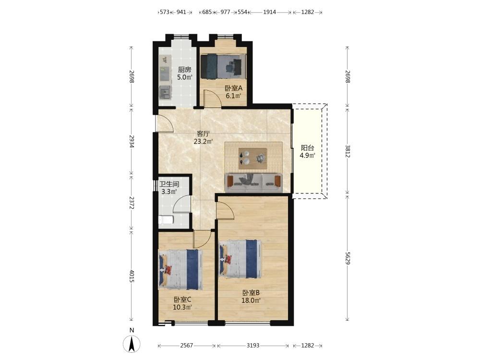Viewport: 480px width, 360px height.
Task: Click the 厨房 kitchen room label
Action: (185, 70)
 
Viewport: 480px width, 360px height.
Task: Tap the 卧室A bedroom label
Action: (234, 88)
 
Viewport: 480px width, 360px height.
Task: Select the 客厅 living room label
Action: (203, 134)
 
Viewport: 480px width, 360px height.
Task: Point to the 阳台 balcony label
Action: (307, 148)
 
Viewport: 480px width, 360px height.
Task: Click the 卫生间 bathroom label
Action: (169, 184)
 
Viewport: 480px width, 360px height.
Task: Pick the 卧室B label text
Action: (251, 293)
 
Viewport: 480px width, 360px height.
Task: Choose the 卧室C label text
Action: (183, 300)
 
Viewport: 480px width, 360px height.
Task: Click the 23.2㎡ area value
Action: (203, 142)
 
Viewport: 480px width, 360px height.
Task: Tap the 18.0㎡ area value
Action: (251, 300)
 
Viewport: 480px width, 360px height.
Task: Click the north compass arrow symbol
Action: (132, 344)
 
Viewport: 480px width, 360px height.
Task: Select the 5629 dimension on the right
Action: (348, 258)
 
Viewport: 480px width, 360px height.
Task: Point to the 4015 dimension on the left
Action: (132, 276)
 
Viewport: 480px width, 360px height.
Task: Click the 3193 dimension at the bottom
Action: (253, 346)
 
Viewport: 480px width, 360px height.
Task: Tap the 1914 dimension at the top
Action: (269, 12)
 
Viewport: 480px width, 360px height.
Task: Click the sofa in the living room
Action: (254, 183)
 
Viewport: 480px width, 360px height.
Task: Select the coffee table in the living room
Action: (253, 158)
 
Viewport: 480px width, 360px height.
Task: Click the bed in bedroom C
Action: (180, 269)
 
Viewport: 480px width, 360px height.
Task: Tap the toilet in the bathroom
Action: (166, 220)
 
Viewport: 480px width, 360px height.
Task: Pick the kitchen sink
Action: (165, 93)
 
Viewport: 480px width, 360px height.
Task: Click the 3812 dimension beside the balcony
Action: (348, 151)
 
